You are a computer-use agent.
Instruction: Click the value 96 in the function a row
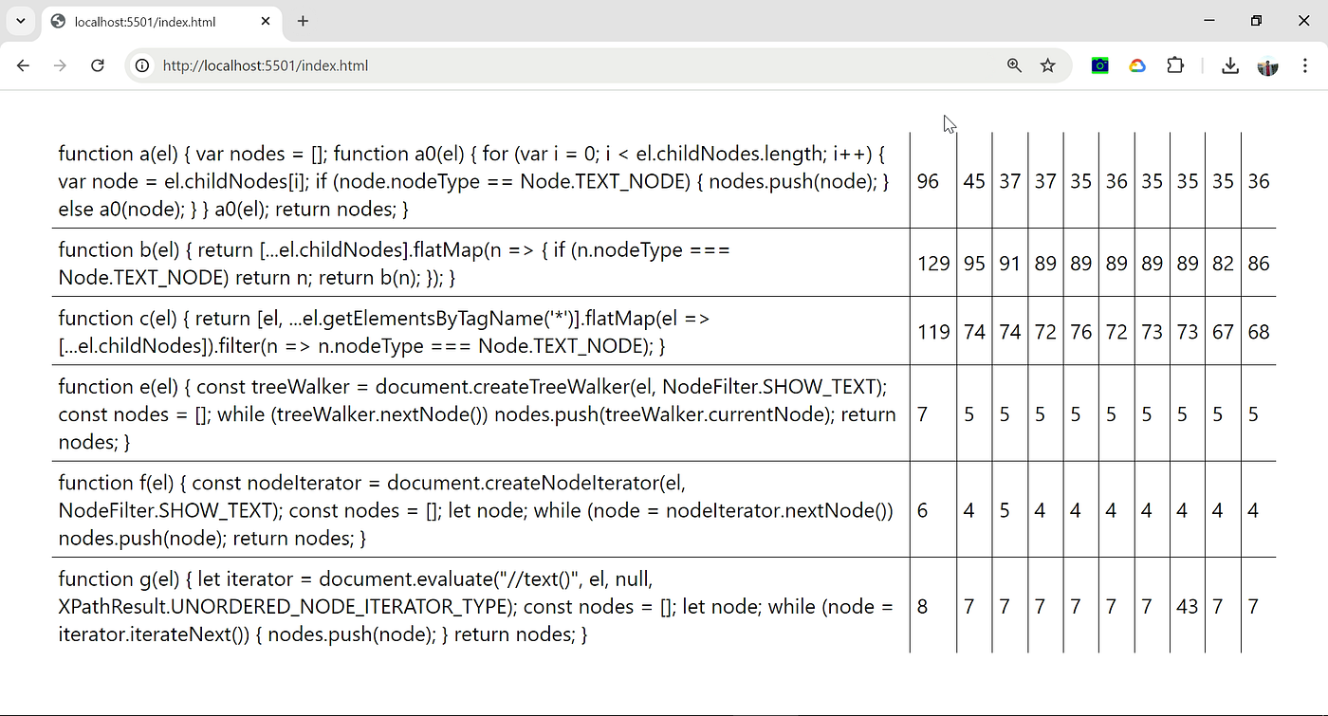(928, 181)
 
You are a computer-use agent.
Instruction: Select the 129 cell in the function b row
(933, 264)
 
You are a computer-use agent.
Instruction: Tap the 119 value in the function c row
(933, 332)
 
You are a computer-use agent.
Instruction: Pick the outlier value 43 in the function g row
(1187, 607)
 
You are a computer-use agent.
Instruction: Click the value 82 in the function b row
(1223, 264)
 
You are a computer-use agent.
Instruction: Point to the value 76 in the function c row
(1080, 332)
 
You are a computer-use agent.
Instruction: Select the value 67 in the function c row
(1223, 332)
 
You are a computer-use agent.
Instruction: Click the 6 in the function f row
(922, 511)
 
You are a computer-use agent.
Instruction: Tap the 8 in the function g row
(922, 607)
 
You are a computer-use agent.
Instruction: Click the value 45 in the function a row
(973, 181)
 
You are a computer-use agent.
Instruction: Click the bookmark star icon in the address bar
(1047, 65)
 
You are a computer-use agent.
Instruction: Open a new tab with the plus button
(303, 21)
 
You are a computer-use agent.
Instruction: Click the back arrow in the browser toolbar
(23, 65)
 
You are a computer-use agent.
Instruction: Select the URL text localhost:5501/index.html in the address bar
(266, 65)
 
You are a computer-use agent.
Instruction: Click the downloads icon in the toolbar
(1230, 65)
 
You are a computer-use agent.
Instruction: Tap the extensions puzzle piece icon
(1175, 65)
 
